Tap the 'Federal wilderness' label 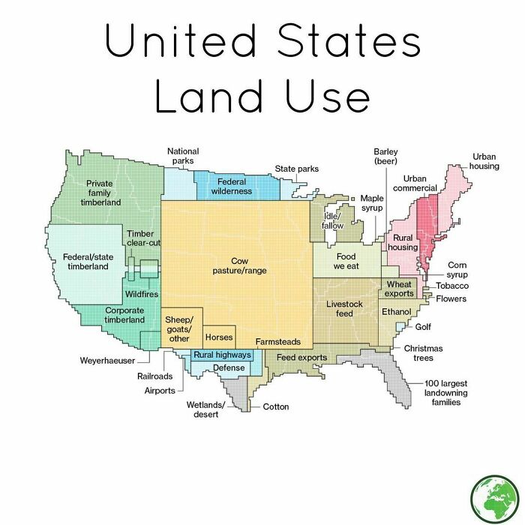232,186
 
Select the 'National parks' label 182,156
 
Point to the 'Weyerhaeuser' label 107,361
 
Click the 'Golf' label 423,327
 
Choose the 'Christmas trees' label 423,352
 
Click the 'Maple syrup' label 372,202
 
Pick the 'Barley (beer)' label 385,156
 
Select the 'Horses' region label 219,337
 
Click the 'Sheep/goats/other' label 179,329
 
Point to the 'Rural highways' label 222,355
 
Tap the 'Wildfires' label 142,294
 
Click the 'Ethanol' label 395,310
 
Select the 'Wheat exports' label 399,289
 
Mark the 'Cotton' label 275,406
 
